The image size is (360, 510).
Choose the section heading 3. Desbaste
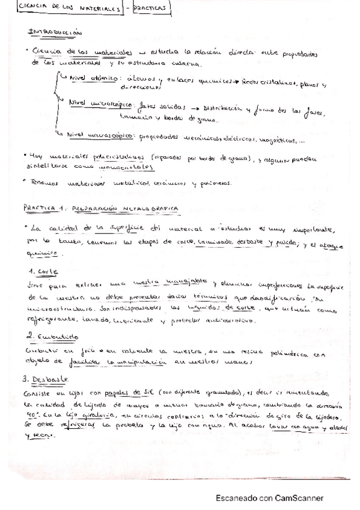tap(48, 379)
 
